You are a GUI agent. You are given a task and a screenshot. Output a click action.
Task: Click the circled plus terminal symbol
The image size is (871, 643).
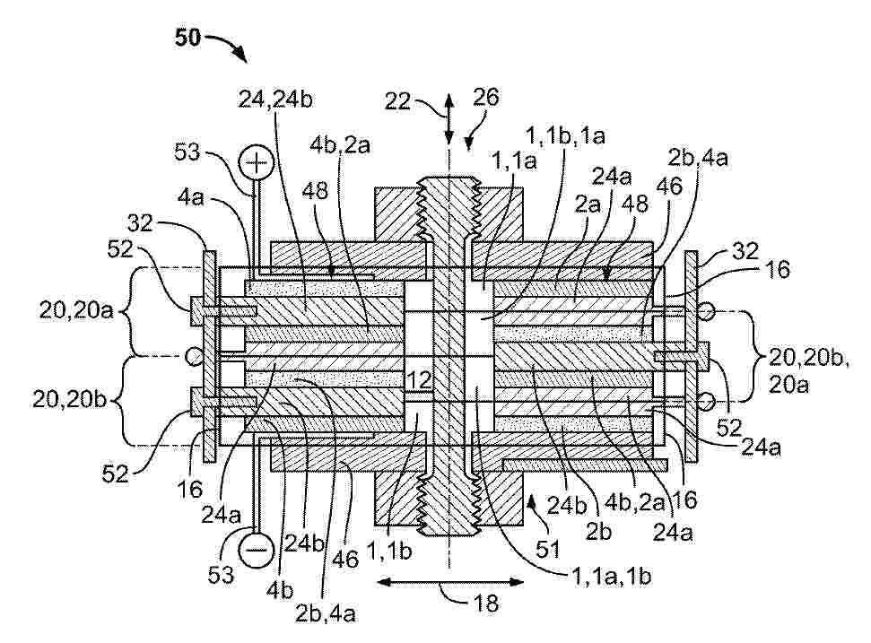256,162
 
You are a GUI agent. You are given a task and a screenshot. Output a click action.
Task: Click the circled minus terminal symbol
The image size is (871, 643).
256,550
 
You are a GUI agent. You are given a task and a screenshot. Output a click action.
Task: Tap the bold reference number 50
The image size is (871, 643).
187,39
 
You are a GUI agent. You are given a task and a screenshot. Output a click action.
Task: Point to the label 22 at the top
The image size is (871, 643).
397,101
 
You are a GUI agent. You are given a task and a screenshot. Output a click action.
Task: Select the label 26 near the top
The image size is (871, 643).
486,97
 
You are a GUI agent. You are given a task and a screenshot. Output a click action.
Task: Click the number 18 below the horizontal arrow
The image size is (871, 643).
486,603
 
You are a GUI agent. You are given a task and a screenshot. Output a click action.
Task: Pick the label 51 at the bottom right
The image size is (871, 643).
548,550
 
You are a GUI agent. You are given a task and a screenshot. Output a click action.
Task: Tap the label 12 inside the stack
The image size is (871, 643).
418,380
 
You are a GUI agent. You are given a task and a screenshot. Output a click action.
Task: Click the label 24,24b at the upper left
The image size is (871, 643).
275,100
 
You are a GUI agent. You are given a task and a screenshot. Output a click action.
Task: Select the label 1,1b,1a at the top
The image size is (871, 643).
565,136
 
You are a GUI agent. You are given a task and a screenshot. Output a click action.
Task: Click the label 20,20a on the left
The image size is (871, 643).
76,310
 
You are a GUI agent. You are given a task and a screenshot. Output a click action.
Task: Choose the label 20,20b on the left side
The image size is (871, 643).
69,399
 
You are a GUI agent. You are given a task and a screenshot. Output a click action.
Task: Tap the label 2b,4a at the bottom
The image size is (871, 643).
326,613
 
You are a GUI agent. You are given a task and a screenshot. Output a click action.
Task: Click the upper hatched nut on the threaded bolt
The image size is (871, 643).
449,213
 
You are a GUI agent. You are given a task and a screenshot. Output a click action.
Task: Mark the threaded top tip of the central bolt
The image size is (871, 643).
449,178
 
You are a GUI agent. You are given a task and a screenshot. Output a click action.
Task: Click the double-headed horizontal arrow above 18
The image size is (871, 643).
450,583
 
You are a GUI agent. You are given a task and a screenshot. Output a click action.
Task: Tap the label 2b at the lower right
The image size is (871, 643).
598,532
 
